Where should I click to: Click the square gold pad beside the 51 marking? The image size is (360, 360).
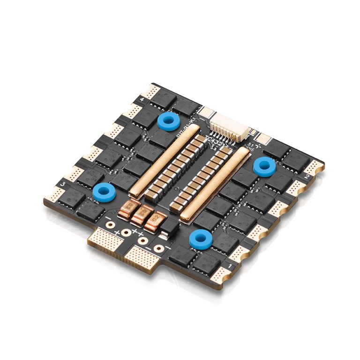(x=264, y=139)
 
